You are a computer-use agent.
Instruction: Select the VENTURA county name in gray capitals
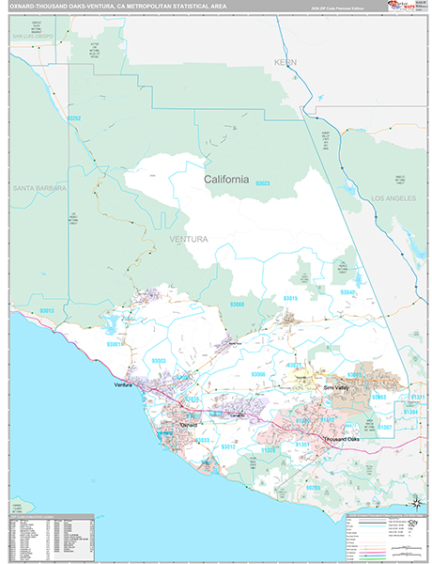click(189, 240)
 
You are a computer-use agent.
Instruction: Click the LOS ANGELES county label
click(393, 199)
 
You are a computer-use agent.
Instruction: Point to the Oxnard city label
click(192, 425)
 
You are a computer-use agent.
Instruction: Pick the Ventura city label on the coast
click(123, 385)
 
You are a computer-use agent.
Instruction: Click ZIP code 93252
click(75, 118)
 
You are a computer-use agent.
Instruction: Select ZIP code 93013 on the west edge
click(47, 311)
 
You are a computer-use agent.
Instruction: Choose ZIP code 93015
click(291, 297)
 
